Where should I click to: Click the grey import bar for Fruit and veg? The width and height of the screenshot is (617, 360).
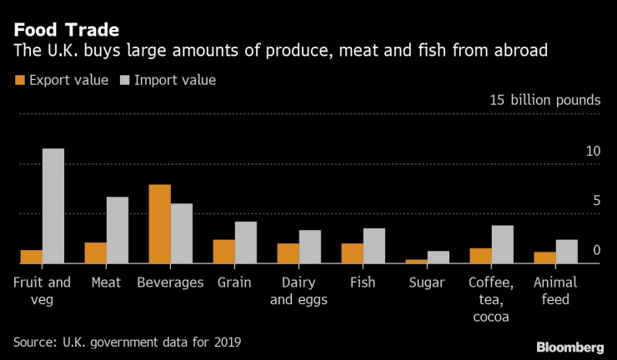pyautogui.click(x=53, y=206)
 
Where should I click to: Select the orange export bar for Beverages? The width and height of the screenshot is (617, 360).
pyautogui.click(x=160, y=224)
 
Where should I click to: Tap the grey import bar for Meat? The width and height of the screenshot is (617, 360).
pyautogui.click(x=118, y=230)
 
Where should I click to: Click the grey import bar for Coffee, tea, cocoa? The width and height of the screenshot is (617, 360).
pyautogui.click(x=502, y=244)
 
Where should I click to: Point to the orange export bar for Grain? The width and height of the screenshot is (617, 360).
pyautogui.click(x=224, y=252)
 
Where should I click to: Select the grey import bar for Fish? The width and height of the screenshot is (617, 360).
pyautogui.click(x=374, y=246)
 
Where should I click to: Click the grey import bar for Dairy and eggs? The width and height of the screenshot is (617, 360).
pyautogui.click(x=310, y=247)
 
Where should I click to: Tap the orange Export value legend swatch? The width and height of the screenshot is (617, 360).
pyautogui.click(x=18, y=81)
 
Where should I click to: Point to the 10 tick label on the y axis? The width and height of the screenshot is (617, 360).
pyautogui.click(x=593, y=151)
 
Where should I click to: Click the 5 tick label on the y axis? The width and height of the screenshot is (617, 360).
pyautogui.click(x=596, y=201)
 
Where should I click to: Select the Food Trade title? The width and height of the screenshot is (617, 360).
pyautogui.click(x=66, y=30)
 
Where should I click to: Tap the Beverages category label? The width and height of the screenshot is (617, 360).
pyautogui.click(x=170, y=282)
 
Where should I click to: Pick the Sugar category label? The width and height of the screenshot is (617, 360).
pyautogui.click(x=427, y=282)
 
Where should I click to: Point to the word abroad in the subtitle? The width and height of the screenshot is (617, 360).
pyautogui.click(x=520, y=52)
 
